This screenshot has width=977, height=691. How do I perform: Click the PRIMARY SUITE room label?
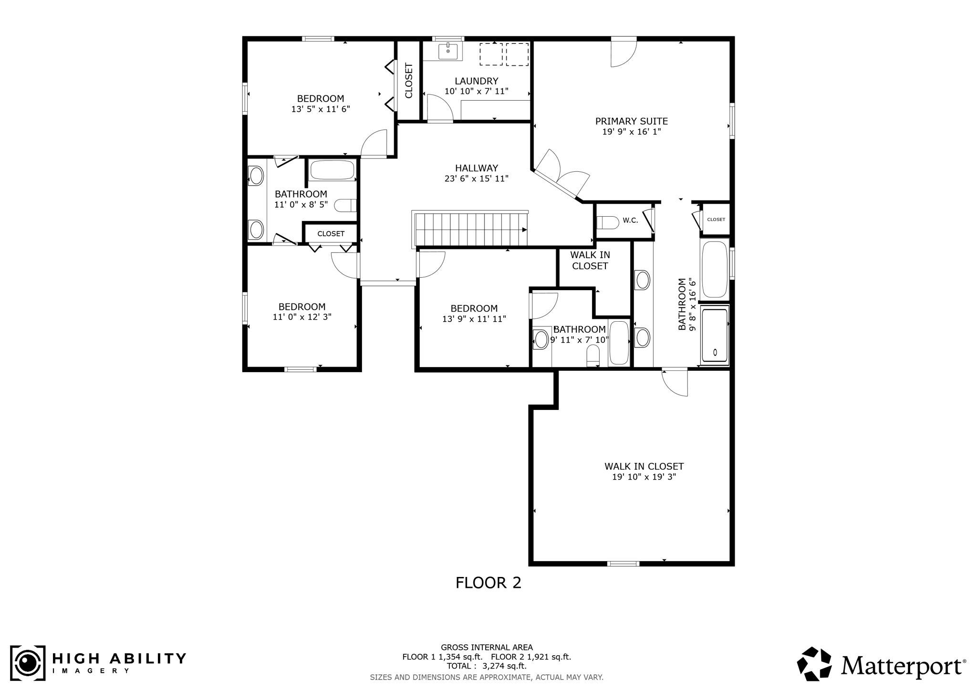click(x=631, y=121)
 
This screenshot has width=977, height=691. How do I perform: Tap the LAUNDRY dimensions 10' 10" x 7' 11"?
click(x=476, y=91)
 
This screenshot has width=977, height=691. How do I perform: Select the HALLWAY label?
click(x=476, y=168)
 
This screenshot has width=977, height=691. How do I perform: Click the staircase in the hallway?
click(x=470, y=230)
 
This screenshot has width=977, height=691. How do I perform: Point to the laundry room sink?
click(x=448, y=51)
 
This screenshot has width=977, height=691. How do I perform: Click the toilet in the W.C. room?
click(x=607, y=222)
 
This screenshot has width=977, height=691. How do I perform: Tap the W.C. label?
click(x=630, y=220)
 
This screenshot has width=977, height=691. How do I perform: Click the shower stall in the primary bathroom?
click(x=715, y=335)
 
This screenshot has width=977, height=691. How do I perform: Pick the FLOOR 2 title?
click(x=488, y=583)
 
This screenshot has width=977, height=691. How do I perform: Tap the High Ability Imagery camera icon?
click(x=28, y=663)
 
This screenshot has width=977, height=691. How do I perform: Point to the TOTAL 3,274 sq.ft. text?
click(x=487, y=666)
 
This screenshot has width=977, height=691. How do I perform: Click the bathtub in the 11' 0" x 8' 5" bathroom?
click(x=332, y=170)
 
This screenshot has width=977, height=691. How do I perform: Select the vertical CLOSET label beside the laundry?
click(x=409, y=81)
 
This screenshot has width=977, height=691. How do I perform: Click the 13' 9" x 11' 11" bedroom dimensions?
click(x=474, y=319)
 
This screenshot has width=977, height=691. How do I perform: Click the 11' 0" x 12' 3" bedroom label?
click(x=302, y=307)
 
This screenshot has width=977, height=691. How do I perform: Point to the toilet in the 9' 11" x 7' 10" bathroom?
click(x=592, y=354)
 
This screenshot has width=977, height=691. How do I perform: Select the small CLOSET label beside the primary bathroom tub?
click(x=716, y=220)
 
